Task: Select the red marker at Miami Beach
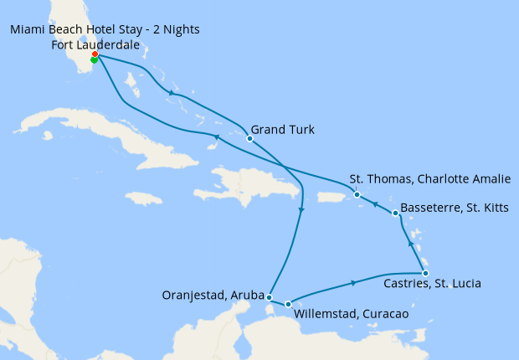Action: [x=95, y=54]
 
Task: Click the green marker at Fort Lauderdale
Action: [x=94, y=60]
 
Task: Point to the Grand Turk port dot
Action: [x=249, y=138]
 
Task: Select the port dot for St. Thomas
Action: [x=357, y=195]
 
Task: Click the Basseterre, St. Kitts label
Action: [x=453, y=207]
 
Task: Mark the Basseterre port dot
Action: [x=395, y=213]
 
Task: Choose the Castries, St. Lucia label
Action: [x=430, y=284]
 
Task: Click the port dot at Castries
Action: [x=425, y=273]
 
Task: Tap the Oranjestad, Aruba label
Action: [x=213, y=295]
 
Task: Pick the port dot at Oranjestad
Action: [x=269, y=296]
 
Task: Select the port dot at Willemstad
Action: [x=288, y=305]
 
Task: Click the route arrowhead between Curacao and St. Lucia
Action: [x=355, y=282]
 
